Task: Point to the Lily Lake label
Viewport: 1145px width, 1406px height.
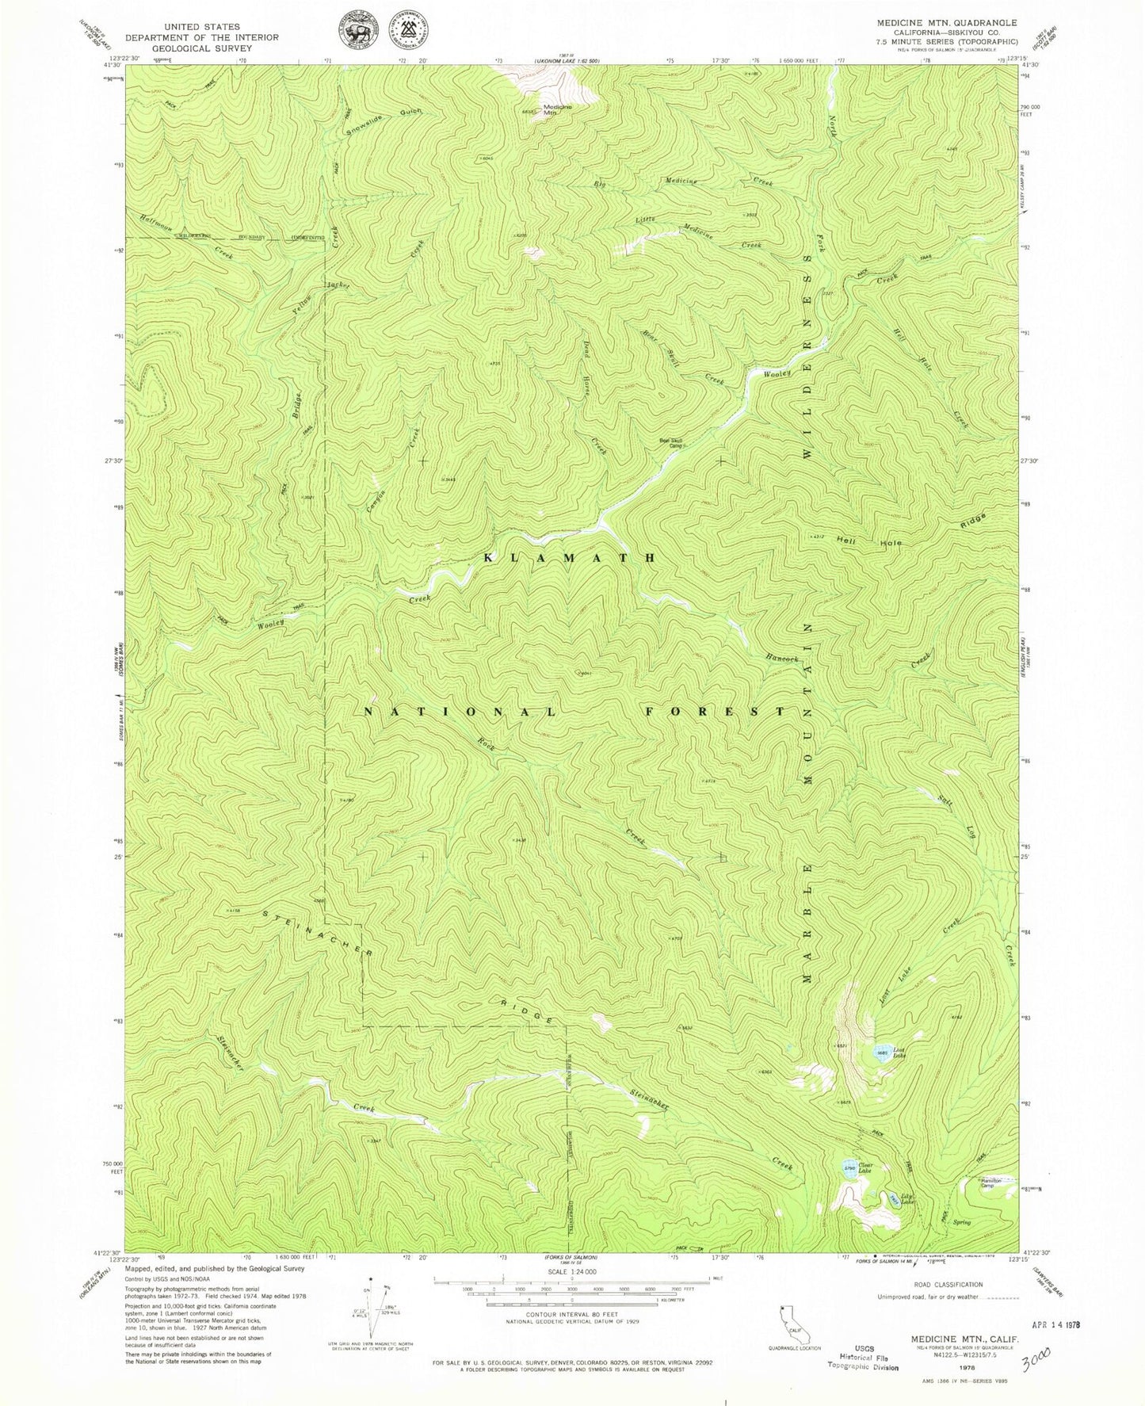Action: pyautogui.click(x=906, y=1199)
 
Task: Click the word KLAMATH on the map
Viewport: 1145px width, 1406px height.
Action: pyautogui.click(x=570, y=558)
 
